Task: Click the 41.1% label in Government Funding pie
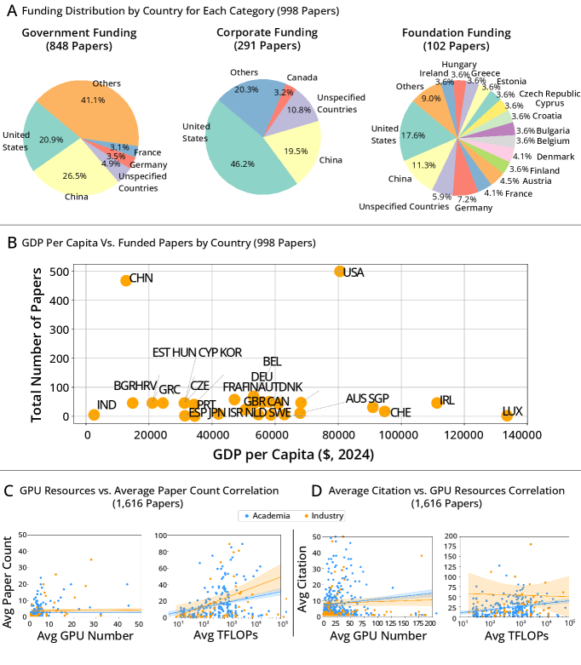click(95, 100)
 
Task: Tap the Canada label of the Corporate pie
click(302, 78)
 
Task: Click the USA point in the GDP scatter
click(339, 271)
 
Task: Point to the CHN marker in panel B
click(126, 280)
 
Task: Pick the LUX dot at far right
click(507, 415)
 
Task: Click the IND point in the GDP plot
click(94, 415)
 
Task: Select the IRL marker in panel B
click(437, 403)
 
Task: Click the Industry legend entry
click(323, 514)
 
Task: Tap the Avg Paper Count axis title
click(9, 576)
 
